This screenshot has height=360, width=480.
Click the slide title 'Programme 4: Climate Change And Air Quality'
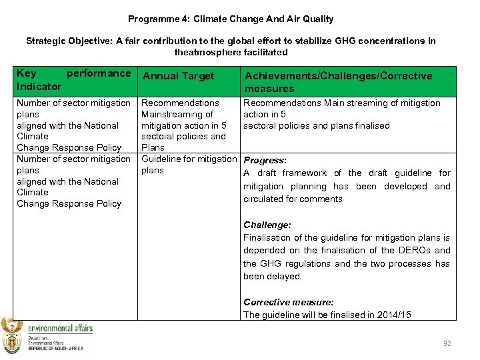[x=231, y=19]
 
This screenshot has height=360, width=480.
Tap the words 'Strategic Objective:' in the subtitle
[x=69, y=41]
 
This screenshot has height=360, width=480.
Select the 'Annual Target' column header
[x=179, y=76]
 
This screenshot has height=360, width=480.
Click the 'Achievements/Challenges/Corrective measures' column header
[x=338, y=82]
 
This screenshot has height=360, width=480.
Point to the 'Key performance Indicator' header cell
[x=73, y=80]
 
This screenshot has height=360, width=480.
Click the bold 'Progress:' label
[x=265, y=161]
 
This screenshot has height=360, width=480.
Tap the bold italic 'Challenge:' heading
[x=267, y=225]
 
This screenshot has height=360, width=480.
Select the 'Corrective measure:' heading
[x=289, y=302]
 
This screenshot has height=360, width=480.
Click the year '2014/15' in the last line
[x=395, y=315]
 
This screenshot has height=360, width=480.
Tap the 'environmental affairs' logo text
[x=60, y=327]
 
